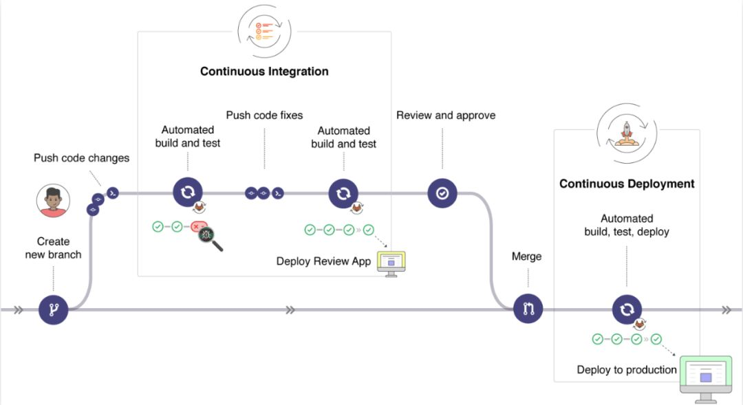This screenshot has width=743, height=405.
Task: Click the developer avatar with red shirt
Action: (x=54, y=201)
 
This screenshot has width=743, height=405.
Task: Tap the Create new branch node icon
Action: (x=54, y=310)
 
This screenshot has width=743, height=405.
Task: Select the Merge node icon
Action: (x=528, y=309)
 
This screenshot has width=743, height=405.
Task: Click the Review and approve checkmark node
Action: (x=442, y=194)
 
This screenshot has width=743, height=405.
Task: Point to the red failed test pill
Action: (x=199, y=226)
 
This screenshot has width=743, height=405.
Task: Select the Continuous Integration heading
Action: (x=264, y=72)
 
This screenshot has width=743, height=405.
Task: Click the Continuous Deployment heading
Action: (x=627, y=184)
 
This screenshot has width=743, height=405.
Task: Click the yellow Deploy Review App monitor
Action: (x=391, y=263)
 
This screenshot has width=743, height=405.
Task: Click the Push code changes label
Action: (x=81, y=158)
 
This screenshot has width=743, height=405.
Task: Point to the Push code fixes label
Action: (x=264, y=115)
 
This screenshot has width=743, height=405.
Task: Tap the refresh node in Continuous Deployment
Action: (x=627, y=309)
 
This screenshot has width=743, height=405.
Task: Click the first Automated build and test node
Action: (x=187, y=193)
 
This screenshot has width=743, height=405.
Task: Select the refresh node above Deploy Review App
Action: (x=343, y=194)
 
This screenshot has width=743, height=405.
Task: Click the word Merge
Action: (x=526, y=256)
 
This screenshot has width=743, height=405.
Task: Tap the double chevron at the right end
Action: (x=726, y=310)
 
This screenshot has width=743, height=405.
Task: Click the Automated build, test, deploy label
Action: (x=627, y=225)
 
